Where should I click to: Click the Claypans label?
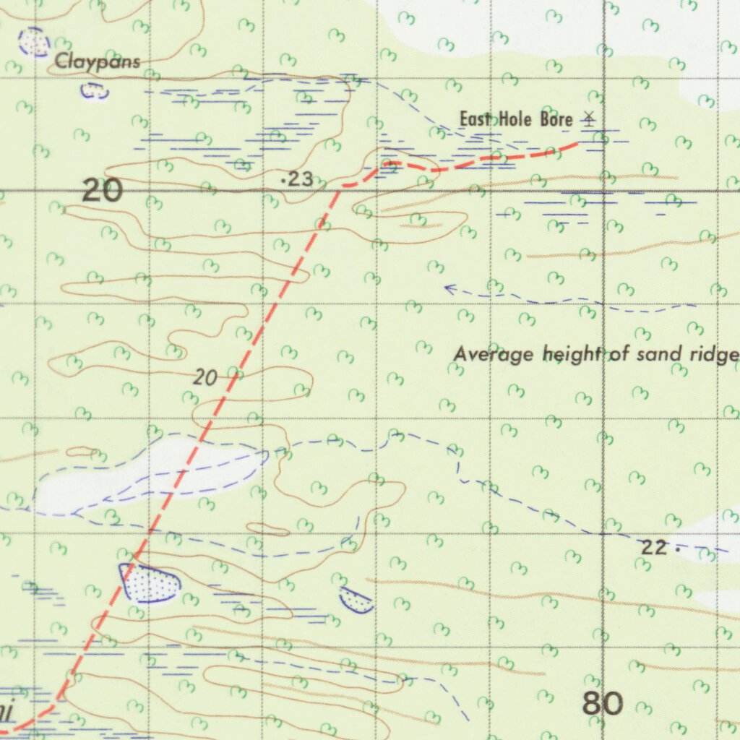click(98, 62)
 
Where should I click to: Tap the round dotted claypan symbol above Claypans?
click(33, 42)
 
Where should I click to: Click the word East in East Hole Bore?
click(476, 119)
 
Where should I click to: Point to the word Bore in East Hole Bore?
click(555, 119)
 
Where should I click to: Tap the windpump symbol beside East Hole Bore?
click(590, 119)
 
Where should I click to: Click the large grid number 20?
click(102, 191)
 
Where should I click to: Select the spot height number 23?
click(300, 179)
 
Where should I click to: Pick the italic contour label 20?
click(205, 377)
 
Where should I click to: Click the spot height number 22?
click(653, 548)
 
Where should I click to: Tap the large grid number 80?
click(602, 703)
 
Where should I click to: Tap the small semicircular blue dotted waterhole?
click(357, 599)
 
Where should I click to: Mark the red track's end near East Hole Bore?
click(576, 145)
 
